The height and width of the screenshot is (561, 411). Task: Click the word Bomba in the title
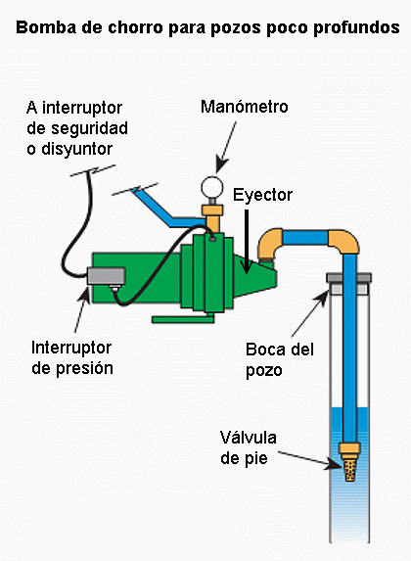(46, 27)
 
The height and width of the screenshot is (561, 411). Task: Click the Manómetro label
(245, 107)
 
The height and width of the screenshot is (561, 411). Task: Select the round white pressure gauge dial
(212, 187)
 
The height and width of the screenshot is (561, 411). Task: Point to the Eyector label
(262, 196)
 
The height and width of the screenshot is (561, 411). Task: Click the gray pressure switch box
(107, 276)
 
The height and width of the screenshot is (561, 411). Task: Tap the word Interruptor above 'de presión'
(71, 348)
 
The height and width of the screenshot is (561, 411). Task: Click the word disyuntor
(77, 149)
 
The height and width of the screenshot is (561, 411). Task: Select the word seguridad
(89, 128)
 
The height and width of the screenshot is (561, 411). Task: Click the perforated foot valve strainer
(349, 470)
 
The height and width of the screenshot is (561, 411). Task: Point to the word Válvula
(248, 438)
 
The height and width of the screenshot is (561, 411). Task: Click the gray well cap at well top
(348, 278)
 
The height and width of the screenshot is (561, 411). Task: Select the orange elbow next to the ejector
(268, 243)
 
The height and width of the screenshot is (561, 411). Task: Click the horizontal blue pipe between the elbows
(305, 238)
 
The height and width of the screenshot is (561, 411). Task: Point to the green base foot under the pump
(183, 318)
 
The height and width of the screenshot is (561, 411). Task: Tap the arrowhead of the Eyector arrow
(246, 267)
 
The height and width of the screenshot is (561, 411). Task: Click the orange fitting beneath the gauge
(212, 217)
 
